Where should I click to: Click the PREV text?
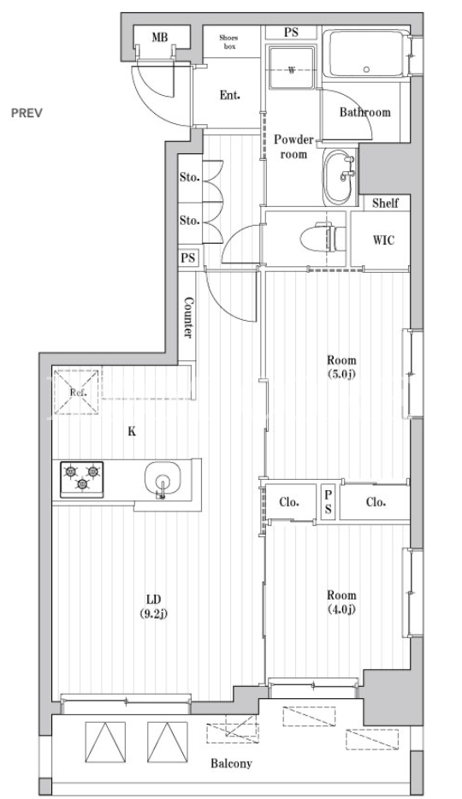pos(27,113)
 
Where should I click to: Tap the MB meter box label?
pos(159,37)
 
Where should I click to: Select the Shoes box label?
pos(228,42)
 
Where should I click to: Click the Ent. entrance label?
pos(230,95)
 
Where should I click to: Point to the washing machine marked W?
pos(291,68)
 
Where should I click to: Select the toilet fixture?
pos(322,238)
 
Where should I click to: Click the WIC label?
pos(383,240)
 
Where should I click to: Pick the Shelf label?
pos(385,204)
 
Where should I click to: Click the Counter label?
pos(187,318)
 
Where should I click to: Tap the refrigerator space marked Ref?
pos(77,392)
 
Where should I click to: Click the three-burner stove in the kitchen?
pos(82,479)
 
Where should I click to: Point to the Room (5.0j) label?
pos(341,367)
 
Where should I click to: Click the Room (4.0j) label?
pos(341,601)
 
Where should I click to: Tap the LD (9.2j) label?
pos(153,606)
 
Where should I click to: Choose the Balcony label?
pos(231,763)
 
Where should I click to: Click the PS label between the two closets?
pos(328,502)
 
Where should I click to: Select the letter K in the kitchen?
pos(132,432)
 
